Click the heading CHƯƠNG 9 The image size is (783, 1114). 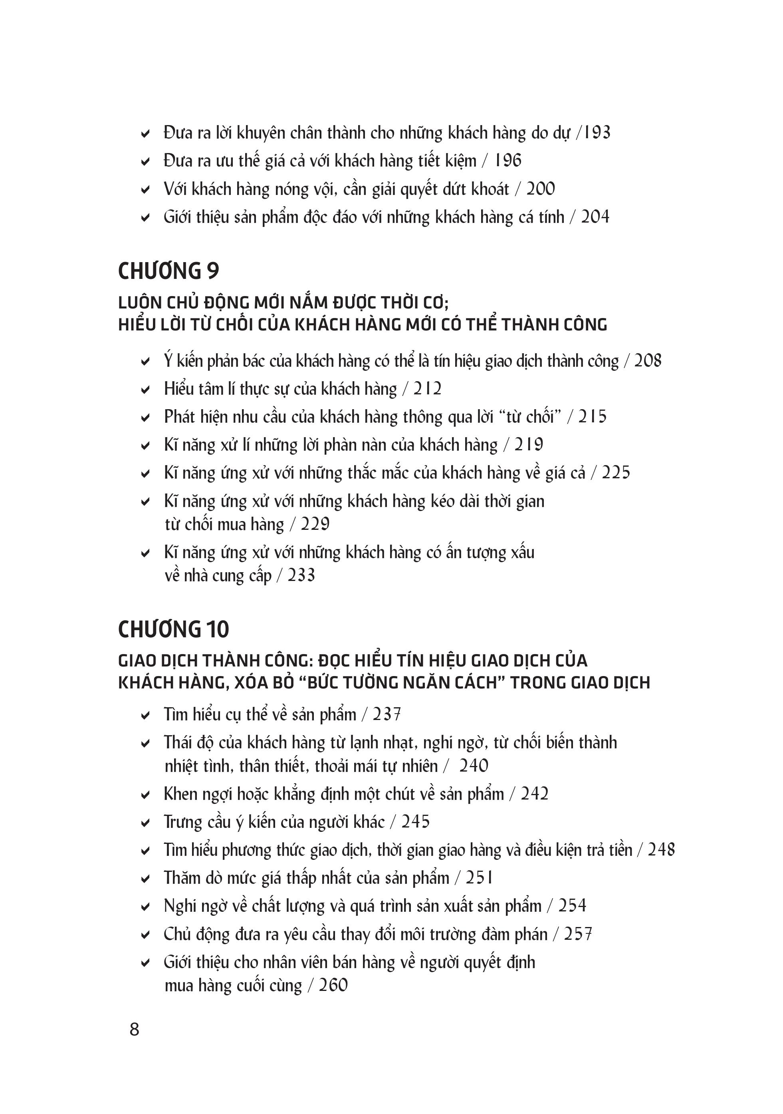point(168,271)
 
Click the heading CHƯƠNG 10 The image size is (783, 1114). point(173,629)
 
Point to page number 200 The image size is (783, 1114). point(541,189)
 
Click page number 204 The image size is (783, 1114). point(595,217)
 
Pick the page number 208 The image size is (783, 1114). point(648,361)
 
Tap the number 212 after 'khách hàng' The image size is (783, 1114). point(427,389)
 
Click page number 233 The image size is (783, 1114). point(301,576)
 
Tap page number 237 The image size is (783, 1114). point(387,715)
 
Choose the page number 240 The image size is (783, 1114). point(474,766)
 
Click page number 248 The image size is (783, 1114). point(661,850)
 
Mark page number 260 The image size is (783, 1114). point(333,985)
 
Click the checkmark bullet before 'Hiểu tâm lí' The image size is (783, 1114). point(145,390)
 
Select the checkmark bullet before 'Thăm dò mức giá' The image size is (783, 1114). point(145,879)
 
